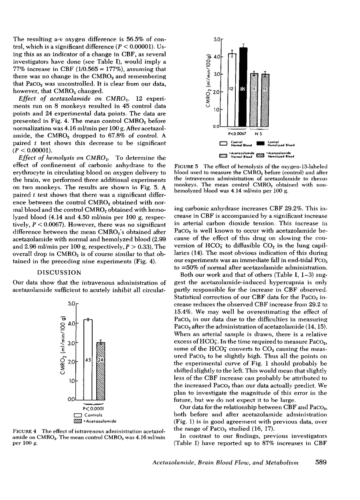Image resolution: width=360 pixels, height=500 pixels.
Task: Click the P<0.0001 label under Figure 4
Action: [94, 409]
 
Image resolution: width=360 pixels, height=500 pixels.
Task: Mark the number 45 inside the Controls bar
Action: [88, 360]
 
